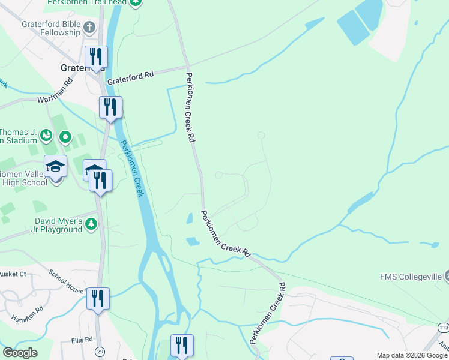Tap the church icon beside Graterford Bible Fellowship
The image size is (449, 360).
coord(89,28)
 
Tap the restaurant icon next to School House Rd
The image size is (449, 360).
coord(98,298)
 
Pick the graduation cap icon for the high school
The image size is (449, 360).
coord(56,166)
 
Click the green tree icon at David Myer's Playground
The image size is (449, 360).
coord(91,224)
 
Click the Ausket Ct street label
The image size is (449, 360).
coord(13,274)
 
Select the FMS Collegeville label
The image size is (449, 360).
coord(411,277)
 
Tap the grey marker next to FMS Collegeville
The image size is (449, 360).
coord(446,276)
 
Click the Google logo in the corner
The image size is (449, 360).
coord(20,353)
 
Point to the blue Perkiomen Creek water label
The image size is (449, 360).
coord(133,169)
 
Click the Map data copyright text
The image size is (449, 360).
coord(412,355)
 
